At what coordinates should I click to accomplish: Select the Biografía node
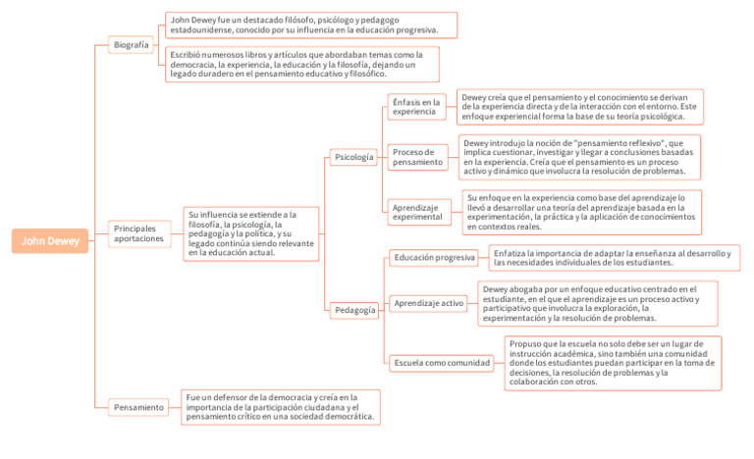[x=131, y=45]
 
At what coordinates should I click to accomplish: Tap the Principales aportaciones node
[x=138, y=233]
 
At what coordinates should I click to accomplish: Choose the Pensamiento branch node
[x=138, y=406]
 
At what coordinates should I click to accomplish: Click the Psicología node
[x=353, y=157]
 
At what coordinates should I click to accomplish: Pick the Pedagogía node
[x=354, y=310]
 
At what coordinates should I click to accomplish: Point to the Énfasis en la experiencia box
[x=416, y=106]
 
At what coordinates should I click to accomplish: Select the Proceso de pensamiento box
[x=418, y=157]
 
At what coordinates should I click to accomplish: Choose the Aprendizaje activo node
[x=428, y=304]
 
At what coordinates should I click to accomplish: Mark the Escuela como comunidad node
[x=442, y=362]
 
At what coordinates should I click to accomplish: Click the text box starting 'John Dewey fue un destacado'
[x=310, y=25]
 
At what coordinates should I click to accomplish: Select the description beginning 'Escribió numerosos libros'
[x=301, y=64]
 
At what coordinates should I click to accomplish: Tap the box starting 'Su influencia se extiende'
[x=251, y=233]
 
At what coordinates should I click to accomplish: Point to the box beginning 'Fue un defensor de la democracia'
[x=280, y=406]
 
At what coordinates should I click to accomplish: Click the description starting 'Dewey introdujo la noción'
[x=580, y=157]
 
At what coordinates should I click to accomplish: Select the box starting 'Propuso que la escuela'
[x=613, y=362]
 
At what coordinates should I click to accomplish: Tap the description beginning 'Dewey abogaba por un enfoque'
[x=596, y=304]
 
